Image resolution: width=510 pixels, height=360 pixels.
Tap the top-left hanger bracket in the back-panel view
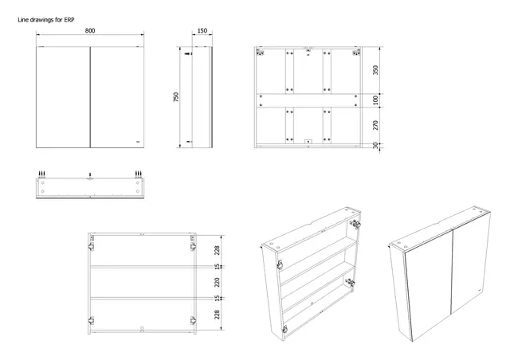point(261,55)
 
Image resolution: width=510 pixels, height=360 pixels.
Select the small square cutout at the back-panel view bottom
point(308,144)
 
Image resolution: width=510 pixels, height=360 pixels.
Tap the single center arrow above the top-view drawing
point(90,174)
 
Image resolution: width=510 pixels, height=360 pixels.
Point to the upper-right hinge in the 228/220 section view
point(192,238)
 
